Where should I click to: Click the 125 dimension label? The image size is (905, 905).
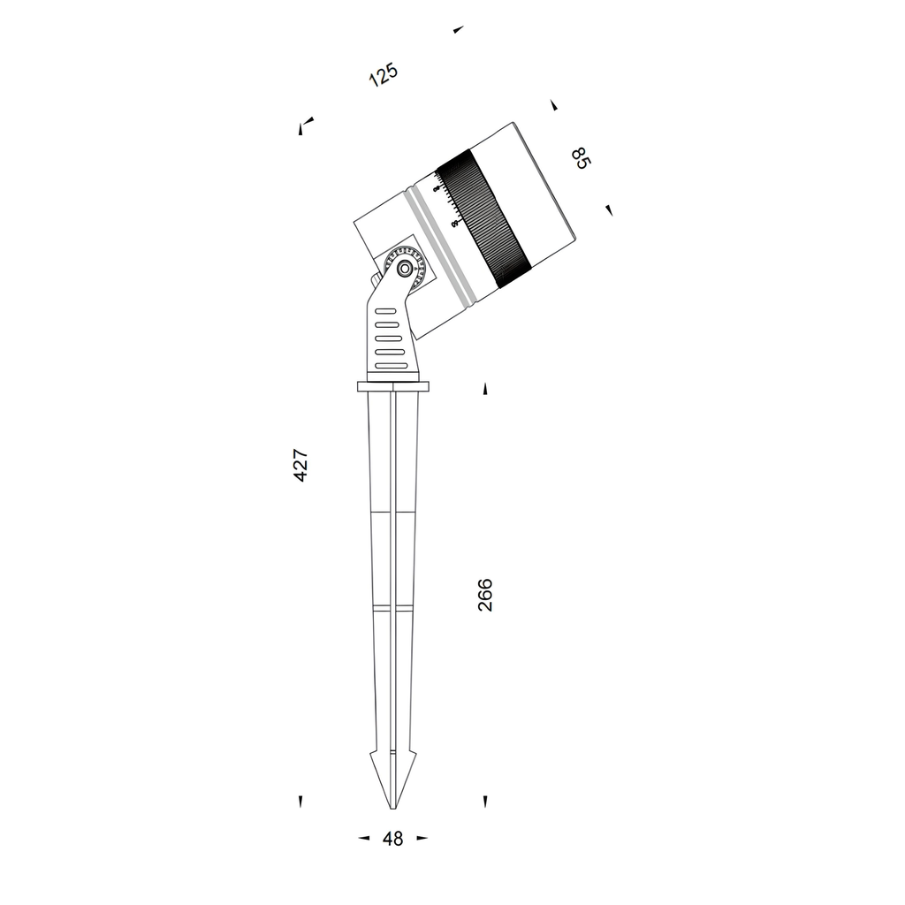(x=384, y=74)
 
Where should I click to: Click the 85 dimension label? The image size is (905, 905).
(x=580, y=159)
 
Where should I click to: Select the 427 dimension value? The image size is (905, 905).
(x=300, y=465)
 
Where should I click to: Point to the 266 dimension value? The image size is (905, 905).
(x=484, y=595)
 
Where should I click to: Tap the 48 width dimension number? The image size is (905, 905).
(x=393, y=839)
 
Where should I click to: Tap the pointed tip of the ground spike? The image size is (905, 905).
(x=393, y=806)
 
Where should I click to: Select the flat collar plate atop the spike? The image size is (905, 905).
(x=393, y=386)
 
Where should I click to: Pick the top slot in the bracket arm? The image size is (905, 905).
(x=386, y=312)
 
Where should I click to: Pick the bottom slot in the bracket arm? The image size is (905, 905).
(x=392, y=365)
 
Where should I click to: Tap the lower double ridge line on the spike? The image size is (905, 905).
(x=393, y=609)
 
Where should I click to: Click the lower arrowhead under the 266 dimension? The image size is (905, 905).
(x=485, y=801)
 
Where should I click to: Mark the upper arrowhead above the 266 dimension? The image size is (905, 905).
(x=485, y=389)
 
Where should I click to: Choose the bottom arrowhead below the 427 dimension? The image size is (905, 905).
(x=300, y=801)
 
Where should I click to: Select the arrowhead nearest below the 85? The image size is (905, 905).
(x=609, y=209)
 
